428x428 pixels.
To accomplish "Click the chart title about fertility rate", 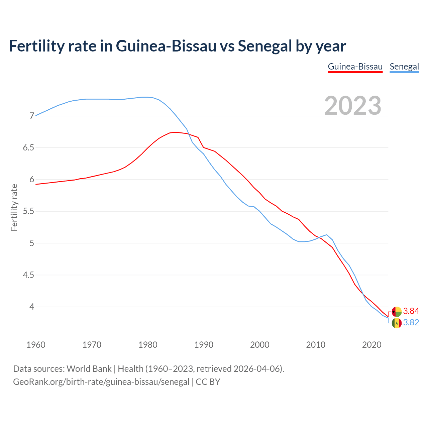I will coord(177,46).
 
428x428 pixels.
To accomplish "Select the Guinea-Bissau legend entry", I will coord(355,67).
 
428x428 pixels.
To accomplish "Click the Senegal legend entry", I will coord(404,67).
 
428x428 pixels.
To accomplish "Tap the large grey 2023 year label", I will coord(352,106).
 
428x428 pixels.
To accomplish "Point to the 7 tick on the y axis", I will coord(32,116).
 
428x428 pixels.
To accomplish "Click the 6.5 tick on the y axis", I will coord(28,148).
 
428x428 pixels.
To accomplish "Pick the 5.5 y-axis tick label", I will coord(28,211).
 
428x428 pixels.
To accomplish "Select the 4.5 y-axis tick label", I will coord(28,275).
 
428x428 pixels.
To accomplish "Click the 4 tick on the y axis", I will coord(32,307).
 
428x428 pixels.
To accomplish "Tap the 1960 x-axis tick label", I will coord(36,345).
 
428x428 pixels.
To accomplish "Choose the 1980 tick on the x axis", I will coord(148,345).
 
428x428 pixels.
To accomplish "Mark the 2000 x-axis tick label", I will coord(260,345).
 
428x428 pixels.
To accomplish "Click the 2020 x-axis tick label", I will coord(371,345).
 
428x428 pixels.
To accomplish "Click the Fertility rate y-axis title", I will coord(14,207).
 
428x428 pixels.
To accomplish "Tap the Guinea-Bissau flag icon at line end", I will coord(397,312).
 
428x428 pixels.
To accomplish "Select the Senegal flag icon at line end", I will coord(397,323).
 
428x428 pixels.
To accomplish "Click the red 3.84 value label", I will coord(411,311).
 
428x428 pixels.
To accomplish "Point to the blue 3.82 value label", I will coord(411,323).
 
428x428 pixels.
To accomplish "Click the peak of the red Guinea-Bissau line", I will coord(176,132).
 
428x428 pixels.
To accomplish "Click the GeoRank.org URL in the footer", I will coord(101,382).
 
